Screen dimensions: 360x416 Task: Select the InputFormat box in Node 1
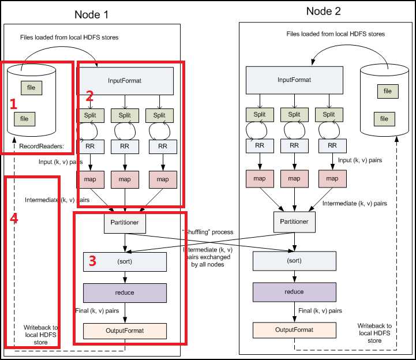(125, 80)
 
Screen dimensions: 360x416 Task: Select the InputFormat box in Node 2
(294, 80)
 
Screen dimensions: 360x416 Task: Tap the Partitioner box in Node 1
(125, 222)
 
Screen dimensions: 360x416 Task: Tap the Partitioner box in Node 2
(294, 221)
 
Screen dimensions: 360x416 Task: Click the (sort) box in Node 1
(125, 262)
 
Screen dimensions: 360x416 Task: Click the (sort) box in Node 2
(294, 261)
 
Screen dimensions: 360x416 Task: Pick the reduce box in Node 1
(125, 292)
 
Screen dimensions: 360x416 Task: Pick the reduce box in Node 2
(294, 292)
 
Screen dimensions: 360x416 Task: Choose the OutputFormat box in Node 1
(125, 331)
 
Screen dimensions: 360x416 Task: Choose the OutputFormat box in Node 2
(294, 329)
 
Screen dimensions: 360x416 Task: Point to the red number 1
(14, 105)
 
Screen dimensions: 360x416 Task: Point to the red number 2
(89, 96)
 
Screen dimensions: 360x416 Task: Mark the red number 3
(92, 261)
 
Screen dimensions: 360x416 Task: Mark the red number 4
(15, 220)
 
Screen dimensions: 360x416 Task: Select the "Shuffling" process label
(208, 232)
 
